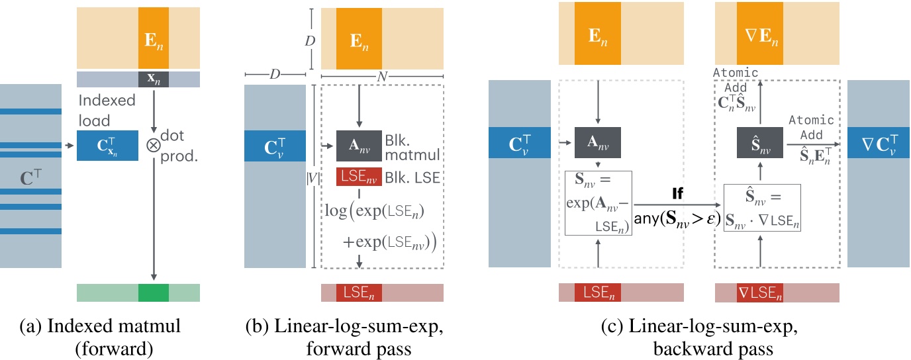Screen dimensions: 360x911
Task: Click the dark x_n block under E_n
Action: [154, 79]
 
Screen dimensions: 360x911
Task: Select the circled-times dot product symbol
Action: [154, 146]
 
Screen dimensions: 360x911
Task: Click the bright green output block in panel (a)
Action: [154, 292]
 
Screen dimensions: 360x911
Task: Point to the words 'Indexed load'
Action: [107, 110]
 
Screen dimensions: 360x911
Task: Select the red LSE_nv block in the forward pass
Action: [359, 177]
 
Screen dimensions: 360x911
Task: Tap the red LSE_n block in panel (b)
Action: [359, 292]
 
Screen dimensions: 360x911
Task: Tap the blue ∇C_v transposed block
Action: [879, 146]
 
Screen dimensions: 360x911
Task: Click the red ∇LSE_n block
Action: [760, 292]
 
